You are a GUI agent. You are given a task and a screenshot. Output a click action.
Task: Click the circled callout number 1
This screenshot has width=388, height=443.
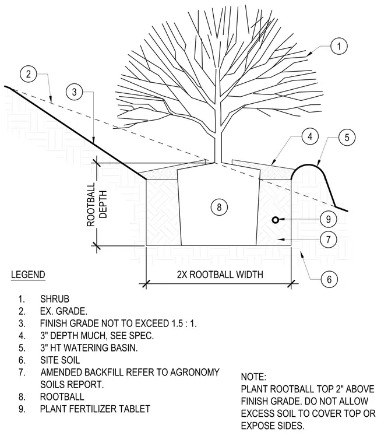pos(339,46)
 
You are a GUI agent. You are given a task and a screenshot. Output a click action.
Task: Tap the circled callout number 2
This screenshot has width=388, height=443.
pos(28,74)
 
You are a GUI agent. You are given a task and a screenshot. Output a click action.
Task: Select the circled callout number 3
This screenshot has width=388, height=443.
pos(74,92)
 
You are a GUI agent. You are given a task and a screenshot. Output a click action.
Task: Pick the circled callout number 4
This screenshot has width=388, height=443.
pos(310,136)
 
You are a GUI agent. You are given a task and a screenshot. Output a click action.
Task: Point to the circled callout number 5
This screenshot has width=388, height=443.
pos(347,138)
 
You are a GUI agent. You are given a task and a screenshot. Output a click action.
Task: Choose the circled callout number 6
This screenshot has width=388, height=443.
pos(329,279)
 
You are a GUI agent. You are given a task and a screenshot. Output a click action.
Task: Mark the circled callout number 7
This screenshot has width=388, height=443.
pos(328,240)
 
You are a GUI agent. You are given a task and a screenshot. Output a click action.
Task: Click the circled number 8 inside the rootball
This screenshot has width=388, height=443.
pos(219,207)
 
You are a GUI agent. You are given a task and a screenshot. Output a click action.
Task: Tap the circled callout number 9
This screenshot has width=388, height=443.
pos(328,219)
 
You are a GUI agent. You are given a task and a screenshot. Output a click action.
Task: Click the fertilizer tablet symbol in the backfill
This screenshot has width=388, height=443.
pos(276,220)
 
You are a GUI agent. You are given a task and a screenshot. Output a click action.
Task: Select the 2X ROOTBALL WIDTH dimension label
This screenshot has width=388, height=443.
pos(220,275)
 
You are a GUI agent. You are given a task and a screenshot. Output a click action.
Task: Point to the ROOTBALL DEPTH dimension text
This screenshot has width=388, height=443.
pos(97,204)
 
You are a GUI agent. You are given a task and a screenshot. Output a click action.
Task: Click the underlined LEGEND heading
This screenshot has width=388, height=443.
pos(28,275)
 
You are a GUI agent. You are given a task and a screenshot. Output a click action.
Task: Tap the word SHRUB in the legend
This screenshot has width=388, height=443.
pos(55,298)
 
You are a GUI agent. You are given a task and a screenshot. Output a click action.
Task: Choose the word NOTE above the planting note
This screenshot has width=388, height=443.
pos(253,377)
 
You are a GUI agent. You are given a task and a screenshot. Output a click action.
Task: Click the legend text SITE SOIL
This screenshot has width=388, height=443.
pos(60,360)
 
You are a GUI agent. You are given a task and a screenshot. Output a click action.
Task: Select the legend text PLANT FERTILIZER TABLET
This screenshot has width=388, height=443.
pos(95,409)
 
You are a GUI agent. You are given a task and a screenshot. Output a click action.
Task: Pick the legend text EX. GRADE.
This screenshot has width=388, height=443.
pos(64,311)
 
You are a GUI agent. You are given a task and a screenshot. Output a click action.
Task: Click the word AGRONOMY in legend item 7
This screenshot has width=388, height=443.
pos(195,372)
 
